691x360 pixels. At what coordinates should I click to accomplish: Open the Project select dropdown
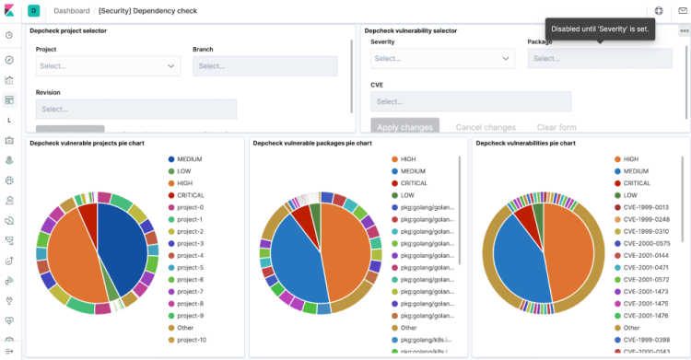click(x=108, y=66)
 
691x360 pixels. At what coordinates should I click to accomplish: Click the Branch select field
click(x=264, y=66)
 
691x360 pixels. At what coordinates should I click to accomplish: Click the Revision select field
click(x=135, y=109)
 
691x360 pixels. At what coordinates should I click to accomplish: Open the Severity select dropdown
click(x=442, y=58)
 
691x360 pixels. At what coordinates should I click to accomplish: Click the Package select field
click(x=599, y=58)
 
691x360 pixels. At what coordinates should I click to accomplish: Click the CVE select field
click(x=470, y=101)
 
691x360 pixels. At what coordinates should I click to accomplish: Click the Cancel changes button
click(x=486, y=127)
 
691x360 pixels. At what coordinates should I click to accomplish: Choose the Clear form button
click(x=556, y=127)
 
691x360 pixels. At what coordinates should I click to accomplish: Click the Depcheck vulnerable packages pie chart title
click(x=312, y=144)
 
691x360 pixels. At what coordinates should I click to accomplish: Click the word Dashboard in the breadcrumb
click(x=78, y=10)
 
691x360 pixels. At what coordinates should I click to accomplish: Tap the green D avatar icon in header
click(x=34, y=10)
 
